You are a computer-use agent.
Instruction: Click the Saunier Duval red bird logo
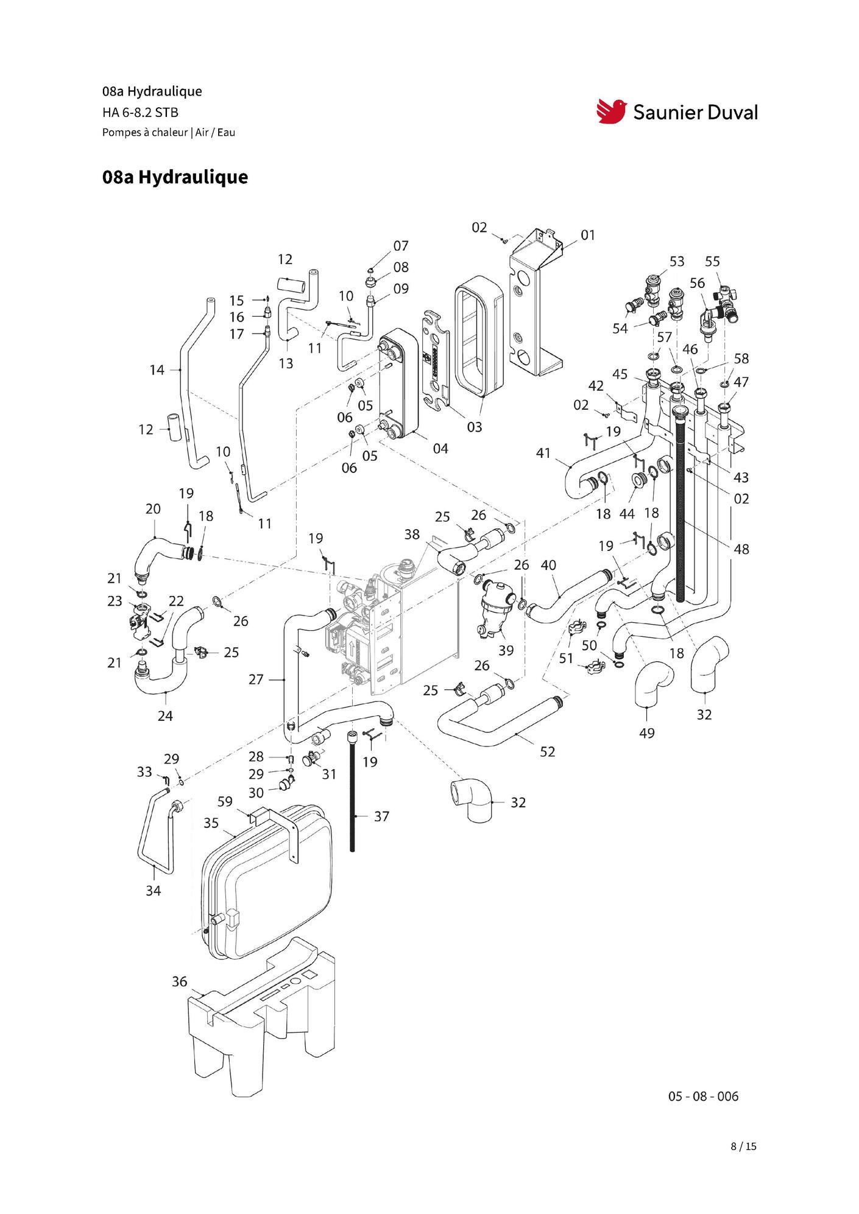(x=611, y=111)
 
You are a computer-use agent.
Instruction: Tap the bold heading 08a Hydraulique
(x=175, y=177)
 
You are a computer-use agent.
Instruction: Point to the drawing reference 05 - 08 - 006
(x=703, y=1096)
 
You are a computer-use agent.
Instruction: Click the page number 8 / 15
(x=743, y=1146)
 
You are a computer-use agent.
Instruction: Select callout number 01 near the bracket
(x=587, y=235)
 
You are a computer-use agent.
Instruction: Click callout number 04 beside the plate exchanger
(x=440, y=449)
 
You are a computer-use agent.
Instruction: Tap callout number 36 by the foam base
(x=179, y=981)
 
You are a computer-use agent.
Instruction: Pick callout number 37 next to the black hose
(x=381, y=816)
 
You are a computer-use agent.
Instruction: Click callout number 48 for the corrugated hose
(x=741, y=549)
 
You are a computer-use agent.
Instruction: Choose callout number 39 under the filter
(x=506, y=650)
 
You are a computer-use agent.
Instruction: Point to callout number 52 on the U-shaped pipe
(x=547, y=752)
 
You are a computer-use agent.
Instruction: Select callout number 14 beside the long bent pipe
(x=157, y=370)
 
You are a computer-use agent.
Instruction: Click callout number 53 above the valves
(x=677, y=261)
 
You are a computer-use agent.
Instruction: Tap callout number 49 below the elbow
(x=646, y=733)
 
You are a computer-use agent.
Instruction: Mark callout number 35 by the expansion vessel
(x=211, y=823)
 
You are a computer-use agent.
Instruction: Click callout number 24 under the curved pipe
(x=165, y=716)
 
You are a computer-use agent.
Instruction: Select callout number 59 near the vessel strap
(x=225, y=801)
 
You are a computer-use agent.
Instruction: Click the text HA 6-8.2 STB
(x=140, y=112)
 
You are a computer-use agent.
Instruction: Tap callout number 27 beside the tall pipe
(x=256, y=679)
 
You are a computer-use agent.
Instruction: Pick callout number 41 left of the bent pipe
(x=543, y=453)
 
